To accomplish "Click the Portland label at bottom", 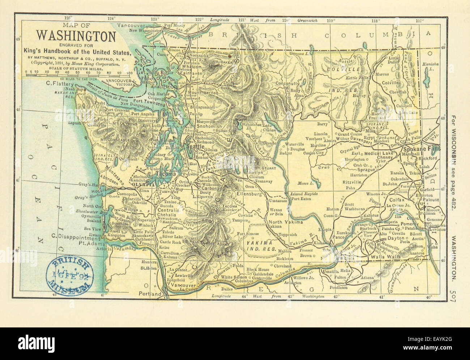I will tap(151, 294).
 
